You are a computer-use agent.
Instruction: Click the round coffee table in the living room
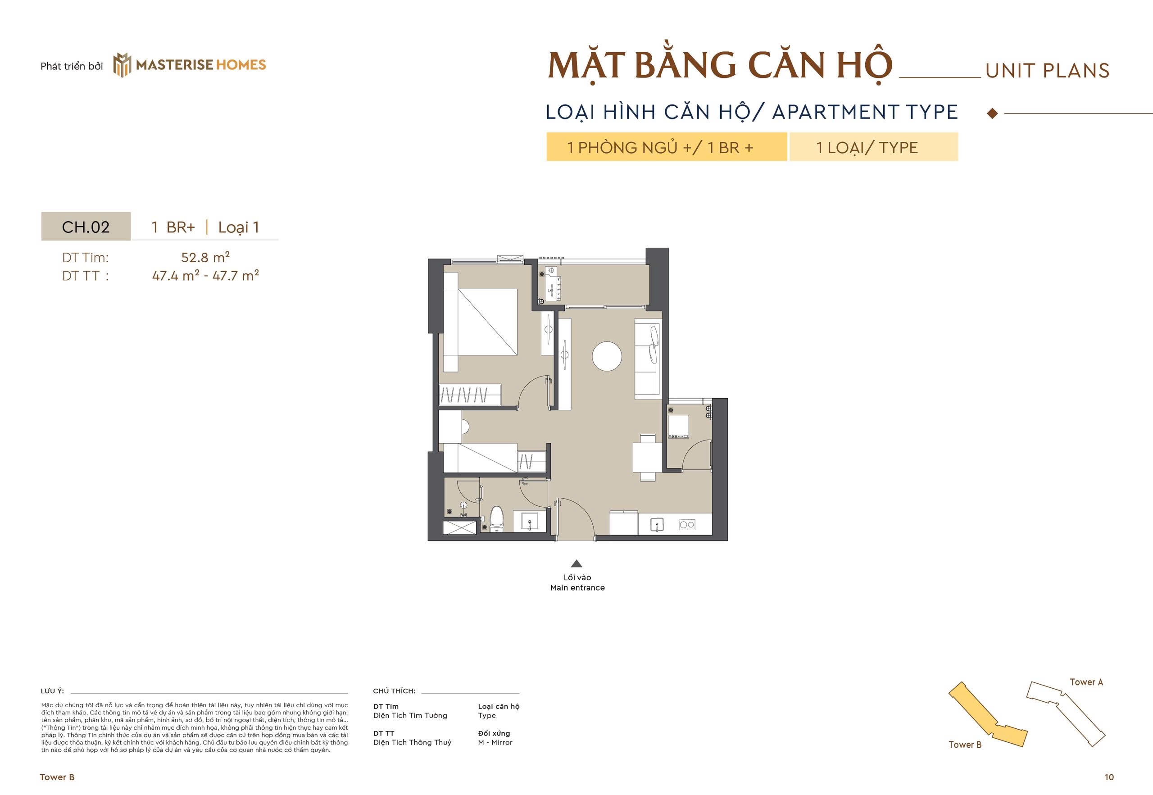tap(607, 356)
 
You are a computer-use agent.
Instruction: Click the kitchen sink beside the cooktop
tap(658, 524)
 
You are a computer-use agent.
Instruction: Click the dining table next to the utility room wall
tap(647, 457)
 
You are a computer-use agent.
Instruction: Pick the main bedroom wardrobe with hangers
tap(470, 395)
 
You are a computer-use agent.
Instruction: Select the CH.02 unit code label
tap(86, 227)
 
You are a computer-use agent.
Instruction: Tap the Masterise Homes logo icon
tap(122, 65)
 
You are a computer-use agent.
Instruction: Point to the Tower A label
tap(1086, 682)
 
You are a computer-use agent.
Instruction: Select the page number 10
tap(1109, 777)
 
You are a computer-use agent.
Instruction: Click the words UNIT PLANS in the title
tap(1048, 71)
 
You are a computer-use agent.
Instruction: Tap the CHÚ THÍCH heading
tap(394, 691)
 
